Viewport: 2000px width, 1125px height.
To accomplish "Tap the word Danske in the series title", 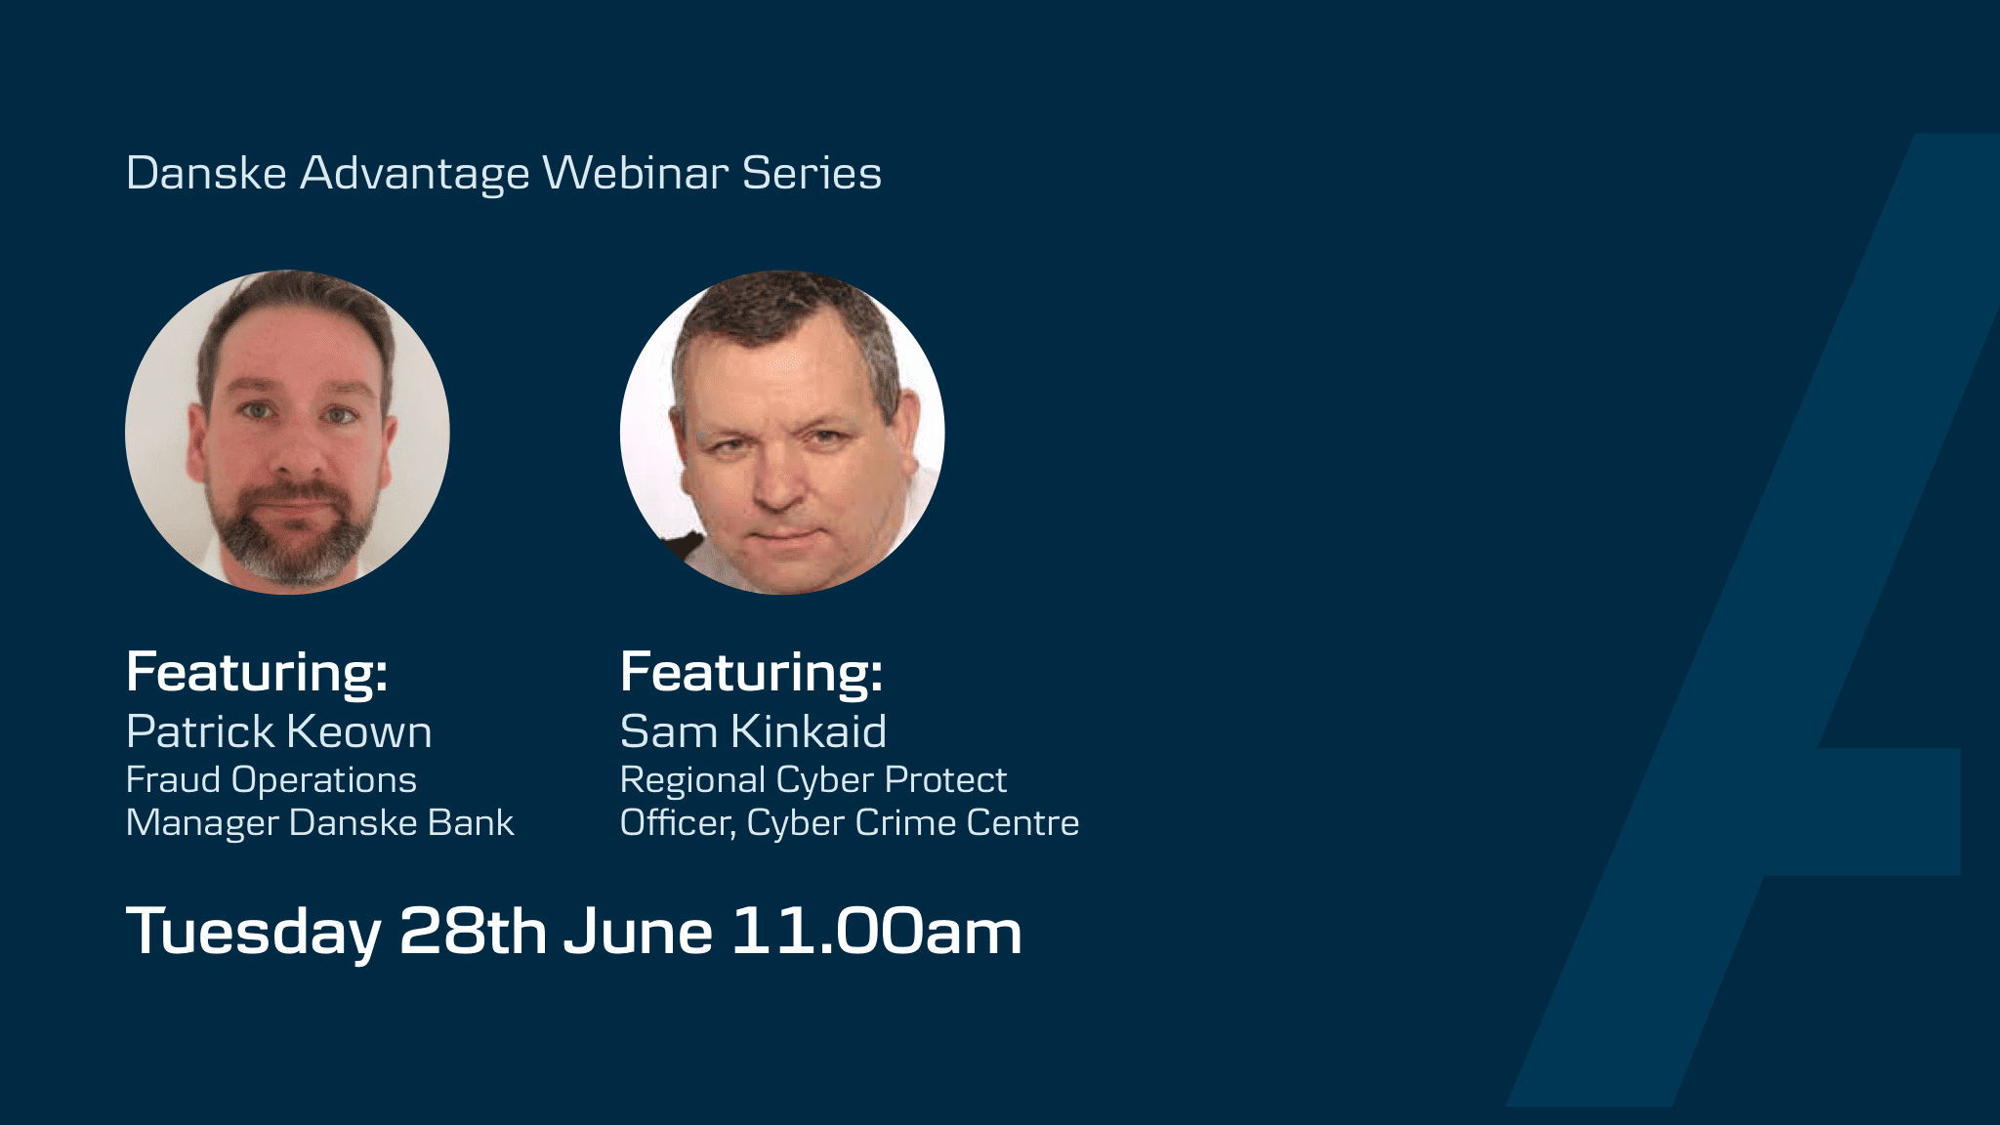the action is tap(206, 173).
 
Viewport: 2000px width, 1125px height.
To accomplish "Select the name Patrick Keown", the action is tap(279, 731).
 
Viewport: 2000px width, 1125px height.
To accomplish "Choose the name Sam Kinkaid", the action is tap(753, 731).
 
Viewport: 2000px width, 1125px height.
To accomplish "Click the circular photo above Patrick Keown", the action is tap(287, 432).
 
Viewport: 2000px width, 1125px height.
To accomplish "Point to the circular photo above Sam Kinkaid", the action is tap(782, 432).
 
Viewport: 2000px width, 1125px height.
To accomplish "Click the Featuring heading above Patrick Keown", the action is tap(258, 673).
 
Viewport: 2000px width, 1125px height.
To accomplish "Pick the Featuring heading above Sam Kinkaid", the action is tap(752, 673).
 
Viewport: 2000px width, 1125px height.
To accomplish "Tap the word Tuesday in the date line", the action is tap(254, 932).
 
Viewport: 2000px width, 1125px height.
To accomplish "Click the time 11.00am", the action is tap(877, 931).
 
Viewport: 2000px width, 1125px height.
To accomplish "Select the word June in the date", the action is tap(638, 931).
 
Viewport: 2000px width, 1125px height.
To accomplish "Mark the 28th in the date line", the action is tap(473, 931).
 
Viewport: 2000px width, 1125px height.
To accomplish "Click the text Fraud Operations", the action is tap(271, 780).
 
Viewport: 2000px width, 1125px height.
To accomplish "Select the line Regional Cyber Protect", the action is tap(813, 780).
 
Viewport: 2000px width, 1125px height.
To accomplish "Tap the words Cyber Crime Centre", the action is tap(913, 822).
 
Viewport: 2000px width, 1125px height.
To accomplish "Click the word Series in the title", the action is tap(812, 173).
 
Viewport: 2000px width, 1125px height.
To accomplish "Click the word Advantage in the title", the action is tap(415, 174).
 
